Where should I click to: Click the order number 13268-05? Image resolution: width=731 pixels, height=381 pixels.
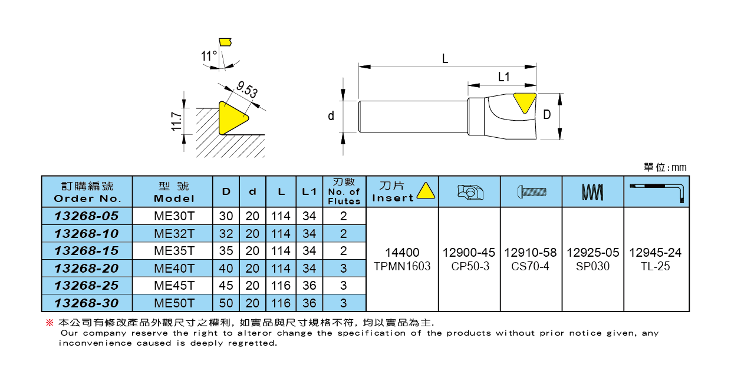(x=87, y=216)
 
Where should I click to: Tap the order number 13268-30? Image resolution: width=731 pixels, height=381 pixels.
(x=87, y=303)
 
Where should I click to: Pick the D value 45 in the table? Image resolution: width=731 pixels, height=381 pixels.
(x=226, y=286)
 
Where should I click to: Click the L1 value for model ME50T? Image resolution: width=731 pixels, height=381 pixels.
(x=309, y=303)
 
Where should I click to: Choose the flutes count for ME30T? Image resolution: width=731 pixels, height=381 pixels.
(x=344, y=216)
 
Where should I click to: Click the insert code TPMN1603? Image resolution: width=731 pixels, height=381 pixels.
(x=402, y=266)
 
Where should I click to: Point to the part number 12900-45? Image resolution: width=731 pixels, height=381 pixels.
(x=469, y=253)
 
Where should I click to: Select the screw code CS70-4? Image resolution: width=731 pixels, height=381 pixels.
(x=531, y=266)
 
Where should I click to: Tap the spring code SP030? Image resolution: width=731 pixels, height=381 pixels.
(x=592, y=266)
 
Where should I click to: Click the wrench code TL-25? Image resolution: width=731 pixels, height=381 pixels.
(x=656, y=266)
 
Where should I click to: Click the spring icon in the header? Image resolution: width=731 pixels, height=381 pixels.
(x=592, y=191)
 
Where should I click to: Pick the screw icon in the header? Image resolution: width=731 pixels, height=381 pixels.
(x=531, y=191)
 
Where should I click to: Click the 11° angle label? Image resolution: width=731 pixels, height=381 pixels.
(x=209, y=57)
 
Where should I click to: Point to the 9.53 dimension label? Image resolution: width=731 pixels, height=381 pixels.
(x=247, y=91)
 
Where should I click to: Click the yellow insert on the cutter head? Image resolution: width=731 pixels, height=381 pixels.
(x=524, y=102)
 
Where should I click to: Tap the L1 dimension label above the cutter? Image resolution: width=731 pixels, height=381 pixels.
(x=503, y=77)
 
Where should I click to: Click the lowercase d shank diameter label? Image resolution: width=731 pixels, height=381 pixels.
(x=331, y=116)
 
